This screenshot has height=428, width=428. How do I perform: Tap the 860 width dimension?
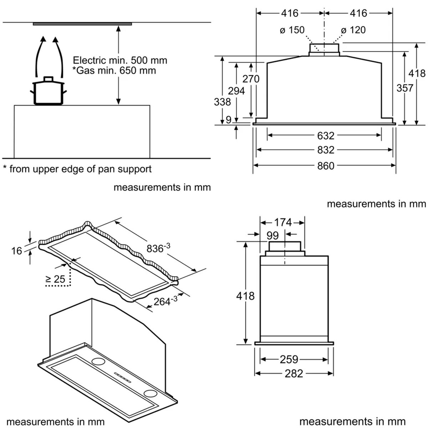pos(326,166)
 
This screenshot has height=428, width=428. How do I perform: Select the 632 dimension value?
pos(326,136)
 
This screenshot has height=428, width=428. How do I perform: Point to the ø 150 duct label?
pos(292,30)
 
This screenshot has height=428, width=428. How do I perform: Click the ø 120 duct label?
pos(353,30)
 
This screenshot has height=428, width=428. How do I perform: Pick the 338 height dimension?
pos(222,102)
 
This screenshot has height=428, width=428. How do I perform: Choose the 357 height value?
pos(405,88)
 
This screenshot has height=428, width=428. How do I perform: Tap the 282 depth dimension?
pos(294,373)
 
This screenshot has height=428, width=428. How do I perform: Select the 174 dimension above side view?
pos(283,223)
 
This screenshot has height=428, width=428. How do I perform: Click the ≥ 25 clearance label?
pos(55,279)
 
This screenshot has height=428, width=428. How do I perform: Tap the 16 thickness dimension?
pos(17,251)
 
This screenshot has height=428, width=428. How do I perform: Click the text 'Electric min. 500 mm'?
pos(120,60)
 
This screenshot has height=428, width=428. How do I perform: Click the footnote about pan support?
pos(77,169)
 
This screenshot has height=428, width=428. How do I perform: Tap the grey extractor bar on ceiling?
pos(82,24)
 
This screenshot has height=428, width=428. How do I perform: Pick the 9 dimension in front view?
pos(229,120)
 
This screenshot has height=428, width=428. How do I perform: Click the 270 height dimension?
pos(251,78)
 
